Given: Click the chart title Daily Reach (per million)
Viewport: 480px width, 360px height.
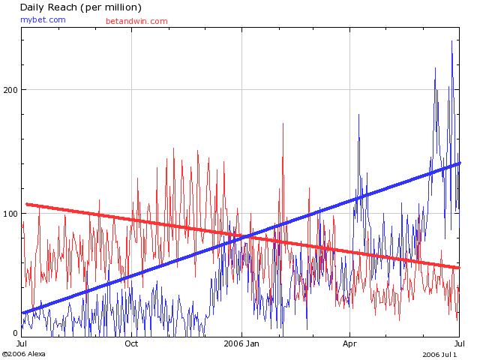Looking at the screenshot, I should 80,7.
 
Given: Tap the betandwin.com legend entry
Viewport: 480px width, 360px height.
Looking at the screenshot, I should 136,21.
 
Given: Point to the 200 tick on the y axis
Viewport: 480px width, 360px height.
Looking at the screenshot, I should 10,89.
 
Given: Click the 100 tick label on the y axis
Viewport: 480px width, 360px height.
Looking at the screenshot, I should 10,213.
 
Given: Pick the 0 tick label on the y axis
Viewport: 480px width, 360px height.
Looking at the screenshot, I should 14,333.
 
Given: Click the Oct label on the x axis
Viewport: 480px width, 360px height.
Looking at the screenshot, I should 131,344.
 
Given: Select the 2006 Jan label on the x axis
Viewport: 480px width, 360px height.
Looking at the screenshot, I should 242,344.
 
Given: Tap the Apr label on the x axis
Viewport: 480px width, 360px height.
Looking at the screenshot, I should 349,344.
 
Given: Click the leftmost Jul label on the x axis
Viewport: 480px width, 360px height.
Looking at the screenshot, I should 22,344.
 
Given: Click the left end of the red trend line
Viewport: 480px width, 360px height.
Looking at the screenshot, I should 27,204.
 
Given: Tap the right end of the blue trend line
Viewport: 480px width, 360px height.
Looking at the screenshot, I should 458,163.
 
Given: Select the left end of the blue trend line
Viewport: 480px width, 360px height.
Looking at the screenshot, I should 24,312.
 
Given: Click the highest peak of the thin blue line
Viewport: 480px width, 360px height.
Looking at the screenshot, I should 451,41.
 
